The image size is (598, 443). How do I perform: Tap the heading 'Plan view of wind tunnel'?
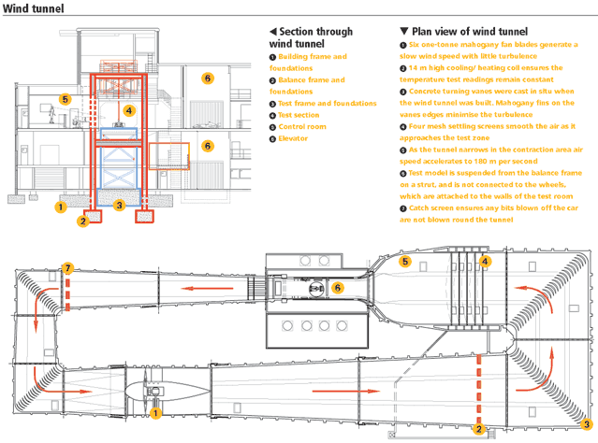point(458,31)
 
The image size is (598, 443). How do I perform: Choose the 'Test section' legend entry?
point(299,115)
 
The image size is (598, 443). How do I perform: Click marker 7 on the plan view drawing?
point(67,269)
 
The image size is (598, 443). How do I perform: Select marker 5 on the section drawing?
point(65,98)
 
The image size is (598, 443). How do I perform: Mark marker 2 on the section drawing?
point(83,221)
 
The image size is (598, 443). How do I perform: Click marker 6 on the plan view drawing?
point(337,288)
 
